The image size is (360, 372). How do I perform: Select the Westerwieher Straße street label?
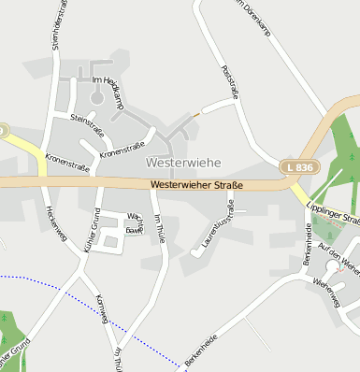tap(195, 185)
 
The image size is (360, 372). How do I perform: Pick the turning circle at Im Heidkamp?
tap(96, 97)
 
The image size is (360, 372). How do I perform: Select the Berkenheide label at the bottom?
tap(201, 350)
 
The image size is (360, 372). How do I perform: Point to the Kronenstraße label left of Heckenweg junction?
tap(66, 166)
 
